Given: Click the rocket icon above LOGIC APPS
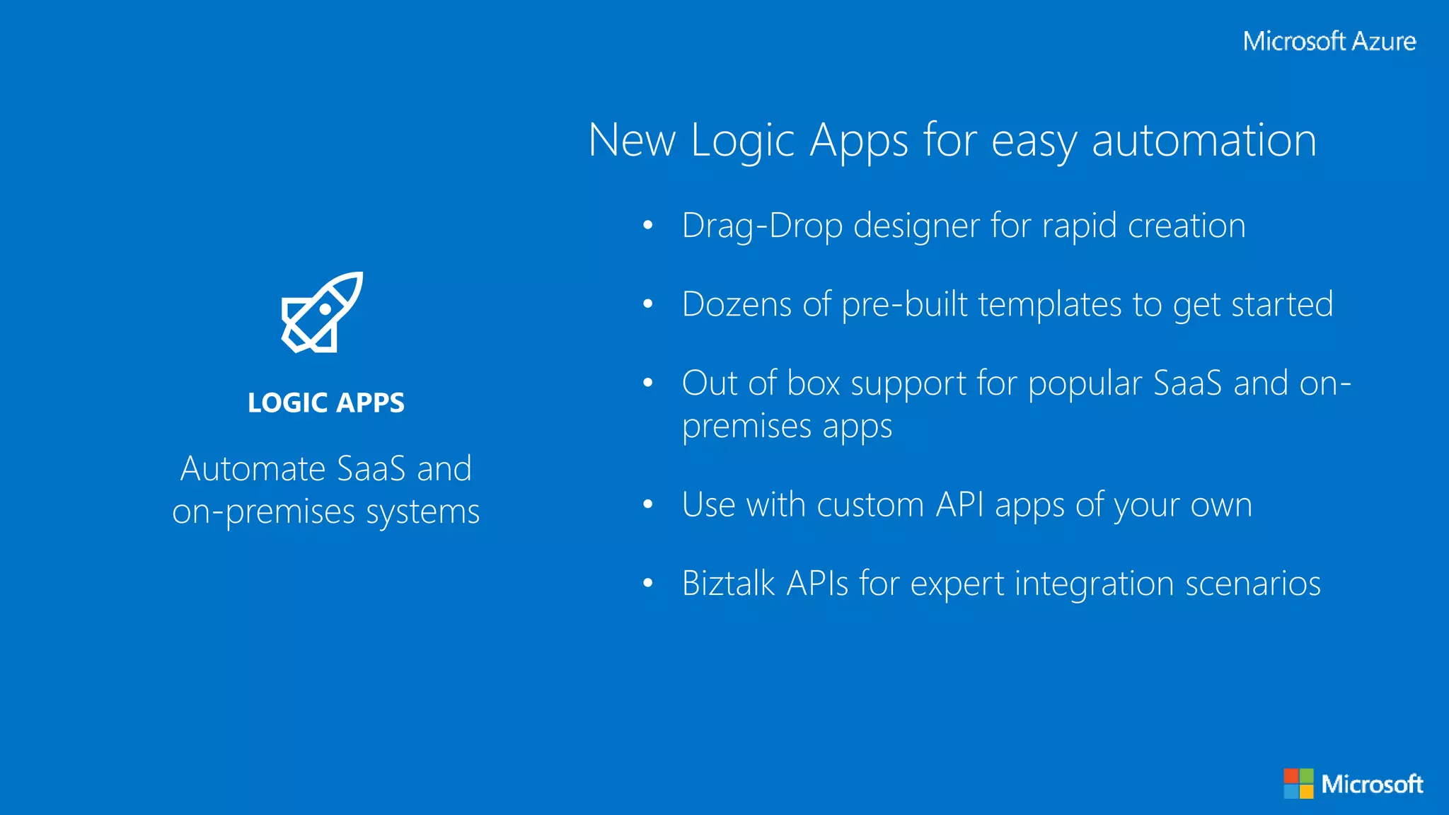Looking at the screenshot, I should pos(322,312).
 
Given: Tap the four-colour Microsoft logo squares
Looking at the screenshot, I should pos(1298,784).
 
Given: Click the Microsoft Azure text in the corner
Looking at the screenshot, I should pos(1329,41).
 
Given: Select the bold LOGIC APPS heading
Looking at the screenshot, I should pos(326,403).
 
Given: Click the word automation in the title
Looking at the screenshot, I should pos(1203,140).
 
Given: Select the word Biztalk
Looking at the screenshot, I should pos(729,584).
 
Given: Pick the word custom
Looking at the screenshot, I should pos(870,505).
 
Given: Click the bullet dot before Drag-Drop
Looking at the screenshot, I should pos(647,226).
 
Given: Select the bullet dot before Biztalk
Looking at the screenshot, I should pos(647,584).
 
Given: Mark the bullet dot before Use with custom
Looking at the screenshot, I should pos(647,504).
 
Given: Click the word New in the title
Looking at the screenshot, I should pos(632,140).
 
